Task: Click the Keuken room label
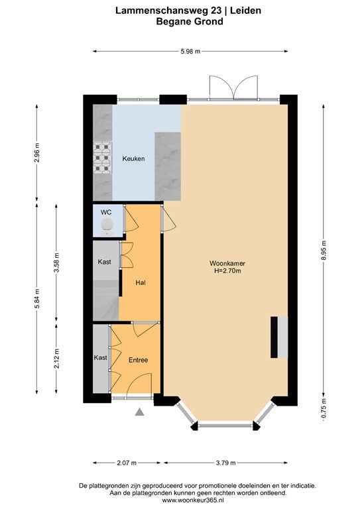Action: coord(133,159)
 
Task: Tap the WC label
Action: coord(106,212)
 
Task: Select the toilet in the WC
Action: coord(107,227)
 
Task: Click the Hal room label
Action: coord(141,283)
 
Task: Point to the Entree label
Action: coord(139,360)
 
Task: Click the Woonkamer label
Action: coord(227,263)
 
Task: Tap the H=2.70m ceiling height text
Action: coord(227,270)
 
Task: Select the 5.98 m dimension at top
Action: coord(190,51)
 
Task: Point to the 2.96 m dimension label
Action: coord(36,153)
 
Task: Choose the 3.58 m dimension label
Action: coord(56,264)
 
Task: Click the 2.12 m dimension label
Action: coord(56,359)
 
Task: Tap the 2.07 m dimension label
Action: coord(127,463)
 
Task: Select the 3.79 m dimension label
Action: coord(225,463)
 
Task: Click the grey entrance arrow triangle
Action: coord(140,412)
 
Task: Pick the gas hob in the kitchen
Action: coord(102,158)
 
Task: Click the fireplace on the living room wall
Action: coord(279,337)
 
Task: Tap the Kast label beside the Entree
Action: coord(100,357)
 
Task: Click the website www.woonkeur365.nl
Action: coord(192,500)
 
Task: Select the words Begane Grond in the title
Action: coord(190,22)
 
